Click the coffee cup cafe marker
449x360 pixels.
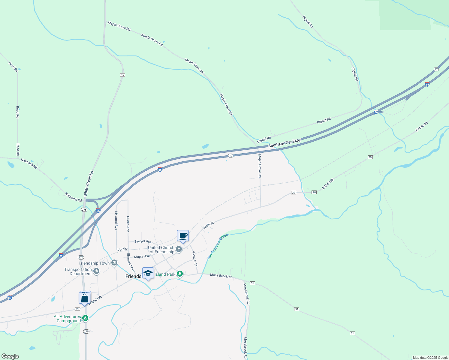click(183, 236)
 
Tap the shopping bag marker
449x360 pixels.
click(85, 298)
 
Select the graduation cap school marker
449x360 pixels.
click(148, 273)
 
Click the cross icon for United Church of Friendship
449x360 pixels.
click(179, 249)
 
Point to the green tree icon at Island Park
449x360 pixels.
click(180, 274)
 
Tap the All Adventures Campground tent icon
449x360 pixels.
click(85, 318)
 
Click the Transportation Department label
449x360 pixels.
click(78, 271)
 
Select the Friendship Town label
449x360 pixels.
click(94, 263)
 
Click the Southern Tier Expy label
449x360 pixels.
click(284, 143)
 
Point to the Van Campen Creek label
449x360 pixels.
click(218, 246)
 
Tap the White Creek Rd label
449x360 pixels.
click(89, 184)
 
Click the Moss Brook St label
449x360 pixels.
click(221, 275)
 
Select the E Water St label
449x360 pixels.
click(194, 259)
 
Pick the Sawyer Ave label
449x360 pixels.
click(143, 241)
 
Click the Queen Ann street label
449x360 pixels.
click(128, 224)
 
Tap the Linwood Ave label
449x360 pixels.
click(116, 220)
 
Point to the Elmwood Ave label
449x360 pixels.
click(131, 262)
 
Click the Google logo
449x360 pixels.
click(10, 356)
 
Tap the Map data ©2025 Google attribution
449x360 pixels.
click(430, 358)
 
